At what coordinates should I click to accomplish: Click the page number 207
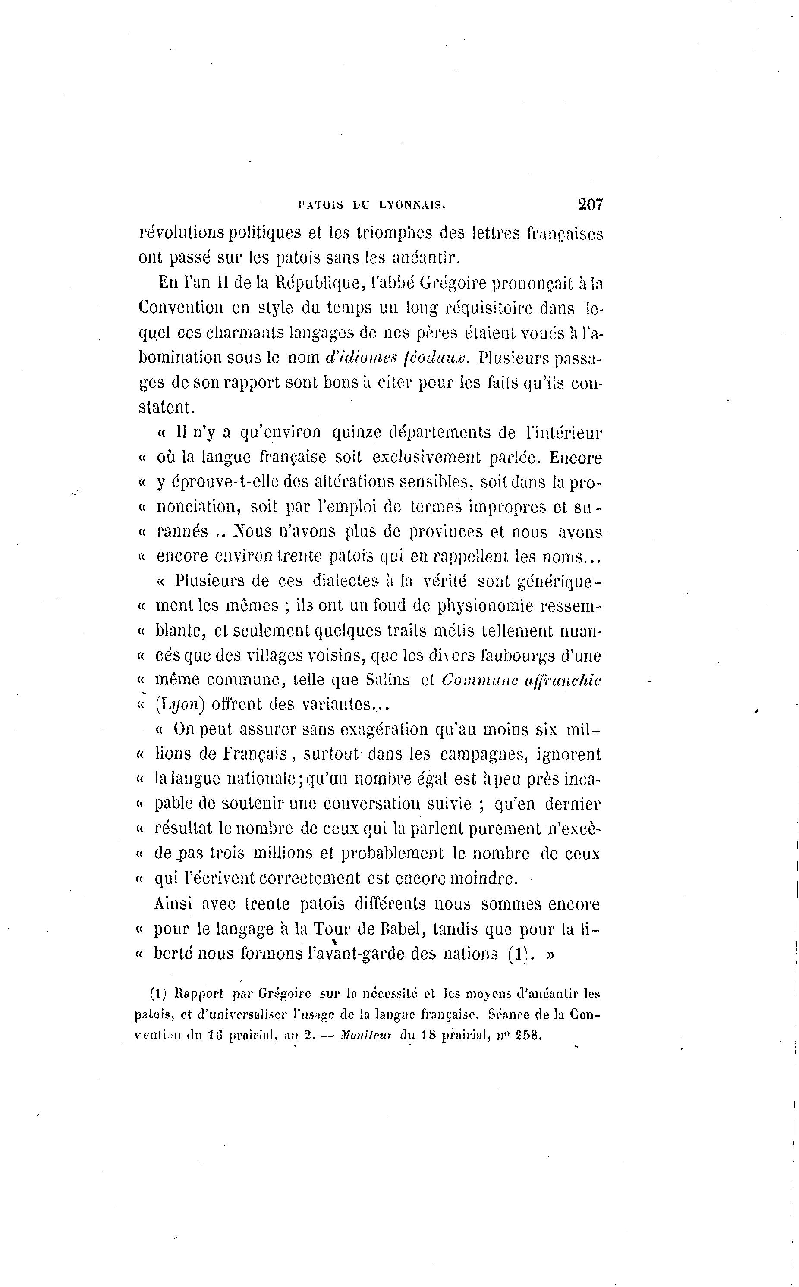[590, 204]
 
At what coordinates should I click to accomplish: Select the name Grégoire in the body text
[453, 284]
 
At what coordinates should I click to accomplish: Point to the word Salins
[387, 680]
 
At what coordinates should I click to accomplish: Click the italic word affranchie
[563, 681]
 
